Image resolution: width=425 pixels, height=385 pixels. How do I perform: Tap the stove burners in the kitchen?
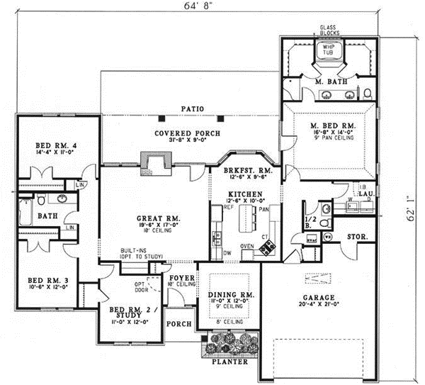(x=269, y=247)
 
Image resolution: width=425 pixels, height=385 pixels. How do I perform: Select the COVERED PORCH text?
(x=188, y=133)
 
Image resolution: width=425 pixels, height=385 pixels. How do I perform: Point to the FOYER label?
(x=181, y=278)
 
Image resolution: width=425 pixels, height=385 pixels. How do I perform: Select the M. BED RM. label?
(x=332, y=126)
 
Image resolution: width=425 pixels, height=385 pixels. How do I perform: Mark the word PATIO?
(x=191, y=108)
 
